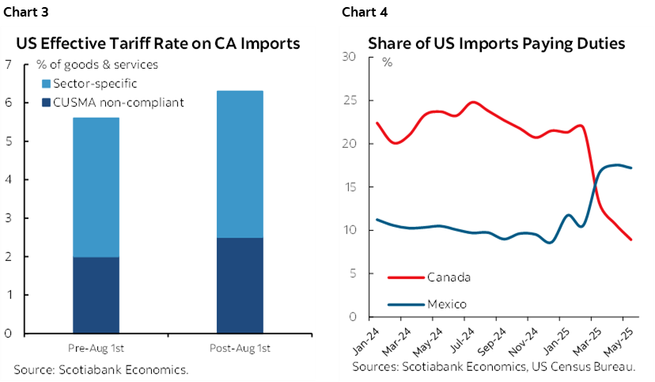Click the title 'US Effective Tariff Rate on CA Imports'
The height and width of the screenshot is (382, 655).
pyautogui.click(x=157, y=43)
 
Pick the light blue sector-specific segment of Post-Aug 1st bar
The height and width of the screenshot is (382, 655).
pyautogui.click(x=240, y=164)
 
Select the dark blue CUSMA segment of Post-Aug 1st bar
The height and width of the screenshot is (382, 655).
pyautogui.click(x=240, y=285)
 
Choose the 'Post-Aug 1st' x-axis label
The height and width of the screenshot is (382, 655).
pyautogui.click(x=240, y=348)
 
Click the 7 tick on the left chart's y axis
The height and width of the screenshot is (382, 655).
pyautogui.click(x=9, y=65)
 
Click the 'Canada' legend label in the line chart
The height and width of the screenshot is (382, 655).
pyautogui.click(x=449, y=277)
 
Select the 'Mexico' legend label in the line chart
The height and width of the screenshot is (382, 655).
pyautogui.click(x=447, y=304)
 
